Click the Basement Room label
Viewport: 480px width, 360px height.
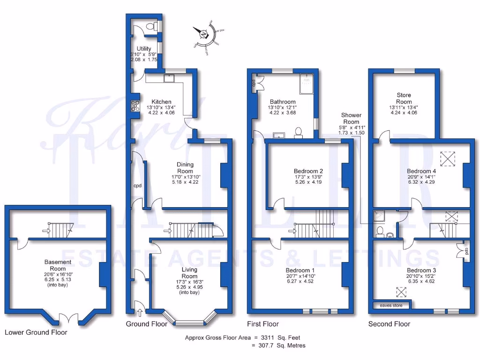[58, 265]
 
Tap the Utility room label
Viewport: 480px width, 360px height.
[144, 49]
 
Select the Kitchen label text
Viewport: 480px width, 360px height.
[161, 102]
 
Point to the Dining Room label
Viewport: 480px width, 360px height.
[185, 168]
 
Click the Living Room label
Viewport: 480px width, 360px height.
[189, 273]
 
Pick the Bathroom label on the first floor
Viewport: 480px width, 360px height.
[283, 102]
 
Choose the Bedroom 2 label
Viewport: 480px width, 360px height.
[308, 171]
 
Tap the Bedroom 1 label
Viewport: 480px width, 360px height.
[300, 270]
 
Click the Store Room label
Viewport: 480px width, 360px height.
[404, 98]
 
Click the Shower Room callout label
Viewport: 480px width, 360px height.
[351, 118]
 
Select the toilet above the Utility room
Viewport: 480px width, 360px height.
[151, 27]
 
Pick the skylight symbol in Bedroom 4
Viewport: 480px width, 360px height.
[449, 158]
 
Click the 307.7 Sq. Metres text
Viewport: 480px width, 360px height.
[278, 345]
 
